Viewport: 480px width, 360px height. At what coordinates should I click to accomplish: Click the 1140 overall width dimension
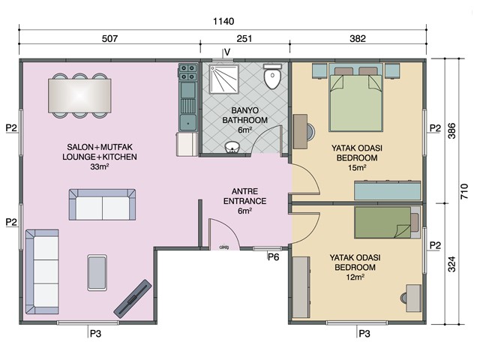click(223, 22)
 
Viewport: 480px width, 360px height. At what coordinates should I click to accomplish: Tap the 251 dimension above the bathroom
click(244, 38)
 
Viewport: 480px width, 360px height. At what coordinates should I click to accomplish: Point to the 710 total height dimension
click(463, 191)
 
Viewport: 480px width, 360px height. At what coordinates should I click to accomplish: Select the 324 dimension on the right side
click(451, 264)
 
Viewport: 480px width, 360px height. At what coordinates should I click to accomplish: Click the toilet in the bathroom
click(272, 76)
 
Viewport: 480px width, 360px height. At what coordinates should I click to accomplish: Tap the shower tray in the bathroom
click(223, 79)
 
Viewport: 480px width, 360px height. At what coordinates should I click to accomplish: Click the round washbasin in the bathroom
click(232, 147)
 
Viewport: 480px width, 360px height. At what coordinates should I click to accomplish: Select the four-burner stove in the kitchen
click(187, 72)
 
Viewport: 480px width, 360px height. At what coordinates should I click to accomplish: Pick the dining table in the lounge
click(79, 95)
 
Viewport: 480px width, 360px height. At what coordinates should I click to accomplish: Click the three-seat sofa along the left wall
click(42, 271)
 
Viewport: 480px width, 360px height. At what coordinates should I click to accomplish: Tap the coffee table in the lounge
click(97, 273)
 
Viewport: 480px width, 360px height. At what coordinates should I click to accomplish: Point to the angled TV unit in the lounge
click(133, 298)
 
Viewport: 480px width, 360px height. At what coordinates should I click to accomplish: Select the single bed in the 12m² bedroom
click(387, 222)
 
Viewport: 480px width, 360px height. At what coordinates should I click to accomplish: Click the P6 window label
click(273, 257)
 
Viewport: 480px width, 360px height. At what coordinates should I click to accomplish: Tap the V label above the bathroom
click(227, 52)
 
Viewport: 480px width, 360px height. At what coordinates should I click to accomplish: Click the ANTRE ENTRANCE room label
click(244, 196)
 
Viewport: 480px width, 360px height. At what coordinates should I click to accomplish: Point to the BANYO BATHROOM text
click(244, 115)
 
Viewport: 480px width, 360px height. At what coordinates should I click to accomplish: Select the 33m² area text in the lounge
click(100, 166)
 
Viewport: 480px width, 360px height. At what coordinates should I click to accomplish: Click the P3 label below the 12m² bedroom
click(364, 333)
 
